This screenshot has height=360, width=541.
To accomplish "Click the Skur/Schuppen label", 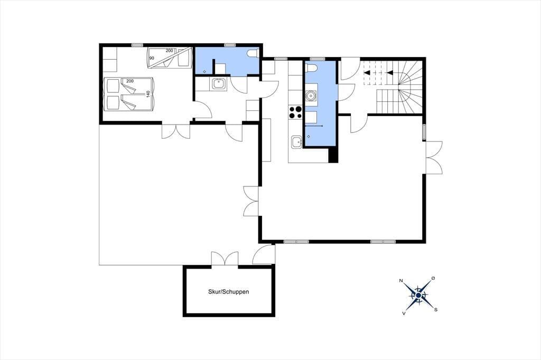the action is (228, 292).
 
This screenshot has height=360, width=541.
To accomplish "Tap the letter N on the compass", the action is (401, 281).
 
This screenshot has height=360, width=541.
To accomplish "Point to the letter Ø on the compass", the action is (433, 278).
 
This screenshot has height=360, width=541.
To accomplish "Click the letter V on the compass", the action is (404, 313).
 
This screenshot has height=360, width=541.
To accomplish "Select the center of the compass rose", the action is (418, 296).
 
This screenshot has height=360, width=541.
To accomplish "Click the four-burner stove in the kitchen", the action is (295, 112).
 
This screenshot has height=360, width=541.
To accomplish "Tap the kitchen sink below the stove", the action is (296, 142).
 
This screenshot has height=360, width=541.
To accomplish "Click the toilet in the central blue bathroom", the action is (311, 68).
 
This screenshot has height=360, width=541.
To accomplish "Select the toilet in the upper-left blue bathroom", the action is (253, 53).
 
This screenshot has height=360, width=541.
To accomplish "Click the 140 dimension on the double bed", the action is (148, 94).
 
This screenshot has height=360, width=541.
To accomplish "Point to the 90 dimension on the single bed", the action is (152, 58).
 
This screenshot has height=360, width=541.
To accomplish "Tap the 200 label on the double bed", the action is (130, 81).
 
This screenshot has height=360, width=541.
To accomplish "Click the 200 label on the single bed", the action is (170, 51).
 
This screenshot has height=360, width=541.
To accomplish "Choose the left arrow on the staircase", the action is (367, 72).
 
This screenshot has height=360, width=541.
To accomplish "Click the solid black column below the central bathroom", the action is (333, 155).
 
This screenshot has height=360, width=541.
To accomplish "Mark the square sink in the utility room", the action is (219, 83).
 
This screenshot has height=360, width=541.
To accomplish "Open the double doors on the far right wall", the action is (434, 158).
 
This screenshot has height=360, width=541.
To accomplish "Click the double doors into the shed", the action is (225, 259).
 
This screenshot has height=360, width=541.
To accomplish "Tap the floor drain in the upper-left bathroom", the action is (204, 72).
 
